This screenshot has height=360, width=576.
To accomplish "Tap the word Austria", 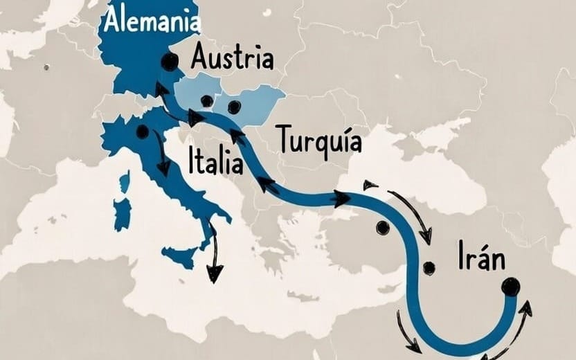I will point(231,57).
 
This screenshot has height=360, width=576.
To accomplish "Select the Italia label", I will point(215,163).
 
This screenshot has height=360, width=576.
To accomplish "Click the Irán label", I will point(481,258).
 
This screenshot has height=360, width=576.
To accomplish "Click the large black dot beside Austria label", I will point(169,62).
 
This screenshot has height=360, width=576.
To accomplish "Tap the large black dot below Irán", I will point(511,286).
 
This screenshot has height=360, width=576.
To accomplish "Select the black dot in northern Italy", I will point(143,132).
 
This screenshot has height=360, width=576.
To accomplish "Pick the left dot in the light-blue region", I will point(206,101).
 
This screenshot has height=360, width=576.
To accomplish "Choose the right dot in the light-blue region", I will point(234,107).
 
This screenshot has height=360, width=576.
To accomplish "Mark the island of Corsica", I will point(125,183).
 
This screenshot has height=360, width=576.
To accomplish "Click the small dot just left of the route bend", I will point(382,227).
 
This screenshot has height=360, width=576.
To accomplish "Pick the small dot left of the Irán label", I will point(429,267).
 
